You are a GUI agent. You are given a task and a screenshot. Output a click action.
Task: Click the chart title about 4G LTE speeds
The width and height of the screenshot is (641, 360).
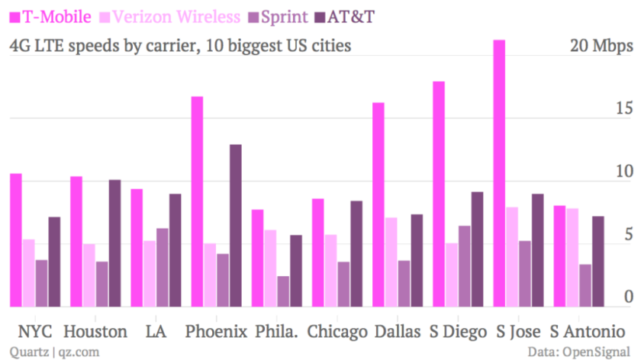point(180,46)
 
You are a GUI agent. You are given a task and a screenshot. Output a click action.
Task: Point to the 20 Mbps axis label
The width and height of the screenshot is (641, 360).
point(601,46)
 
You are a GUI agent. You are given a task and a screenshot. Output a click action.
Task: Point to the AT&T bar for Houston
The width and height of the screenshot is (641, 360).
point(114,243)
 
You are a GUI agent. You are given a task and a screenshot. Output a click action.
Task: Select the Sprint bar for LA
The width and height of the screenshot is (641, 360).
point(162,268)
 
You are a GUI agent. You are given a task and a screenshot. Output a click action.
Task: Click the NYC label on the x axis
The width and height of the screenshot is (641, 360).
point(35,332)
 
